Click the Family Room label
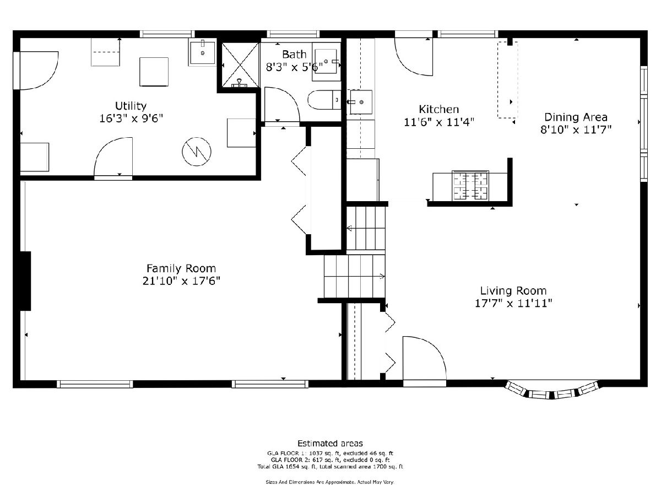pos(181,268)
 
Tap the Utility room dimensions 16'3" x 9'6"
pos(131,118)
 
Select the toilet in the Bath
pos(324,100)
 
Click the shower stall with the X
pos(240,64)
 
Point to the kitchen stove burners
pos(470,185)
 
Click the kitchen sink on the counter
pos(361,102)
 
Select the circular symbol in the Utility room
pos(196,151)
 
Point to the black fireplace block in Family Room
pos(25,281)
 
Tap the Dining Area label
pos(576,117)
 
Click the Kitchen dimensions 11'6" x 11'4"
pos(439,122)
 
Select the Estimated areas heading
pos(330,443)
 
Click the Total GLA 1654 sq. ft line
pos(330,467)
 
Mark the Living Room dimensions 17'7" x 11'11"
pos(513,303)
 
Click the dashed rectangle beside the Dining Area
pos(507,80)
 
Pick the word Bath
pos(294,55)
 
